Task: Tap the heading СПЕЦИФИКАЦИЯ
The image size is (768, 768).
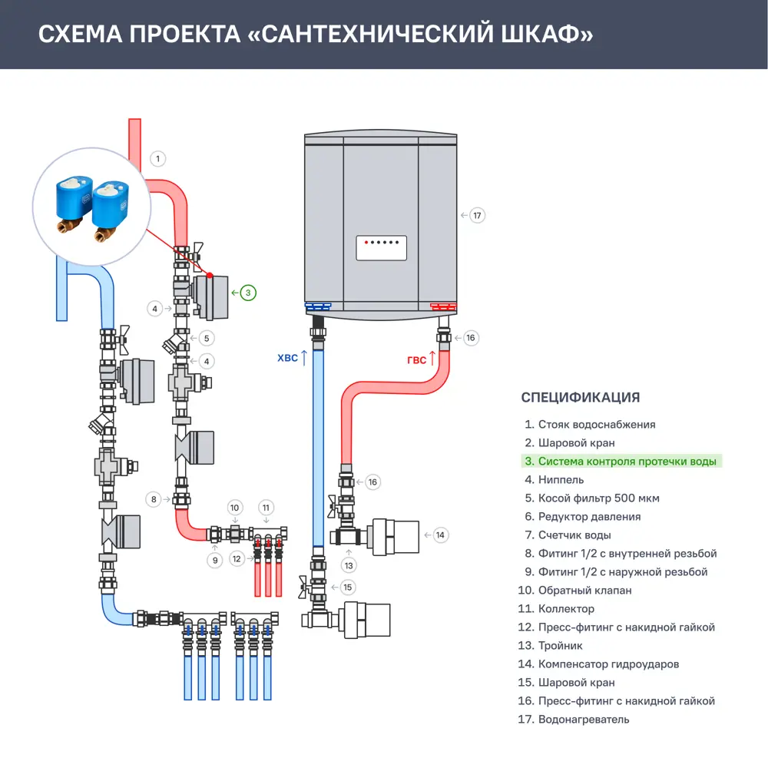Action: click(581, 397)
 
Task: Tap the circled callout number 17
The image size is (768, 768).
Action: click(477, 215)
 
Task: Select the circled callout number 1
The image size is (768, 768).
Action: click(157, 159)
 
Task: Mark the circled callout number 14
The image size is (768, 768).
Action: click(439, 535)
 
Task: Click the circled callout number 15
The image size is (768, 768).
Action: click(348, 587)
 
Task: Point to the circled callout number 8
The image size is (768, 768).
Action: click(154, 499)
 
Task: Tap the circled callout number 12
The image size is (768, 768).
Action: click(237, 558)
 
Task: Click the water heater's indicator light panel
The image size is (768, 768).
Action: click(381, 247)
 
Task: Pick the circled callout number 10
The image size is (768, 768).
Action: click(236, 507)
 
